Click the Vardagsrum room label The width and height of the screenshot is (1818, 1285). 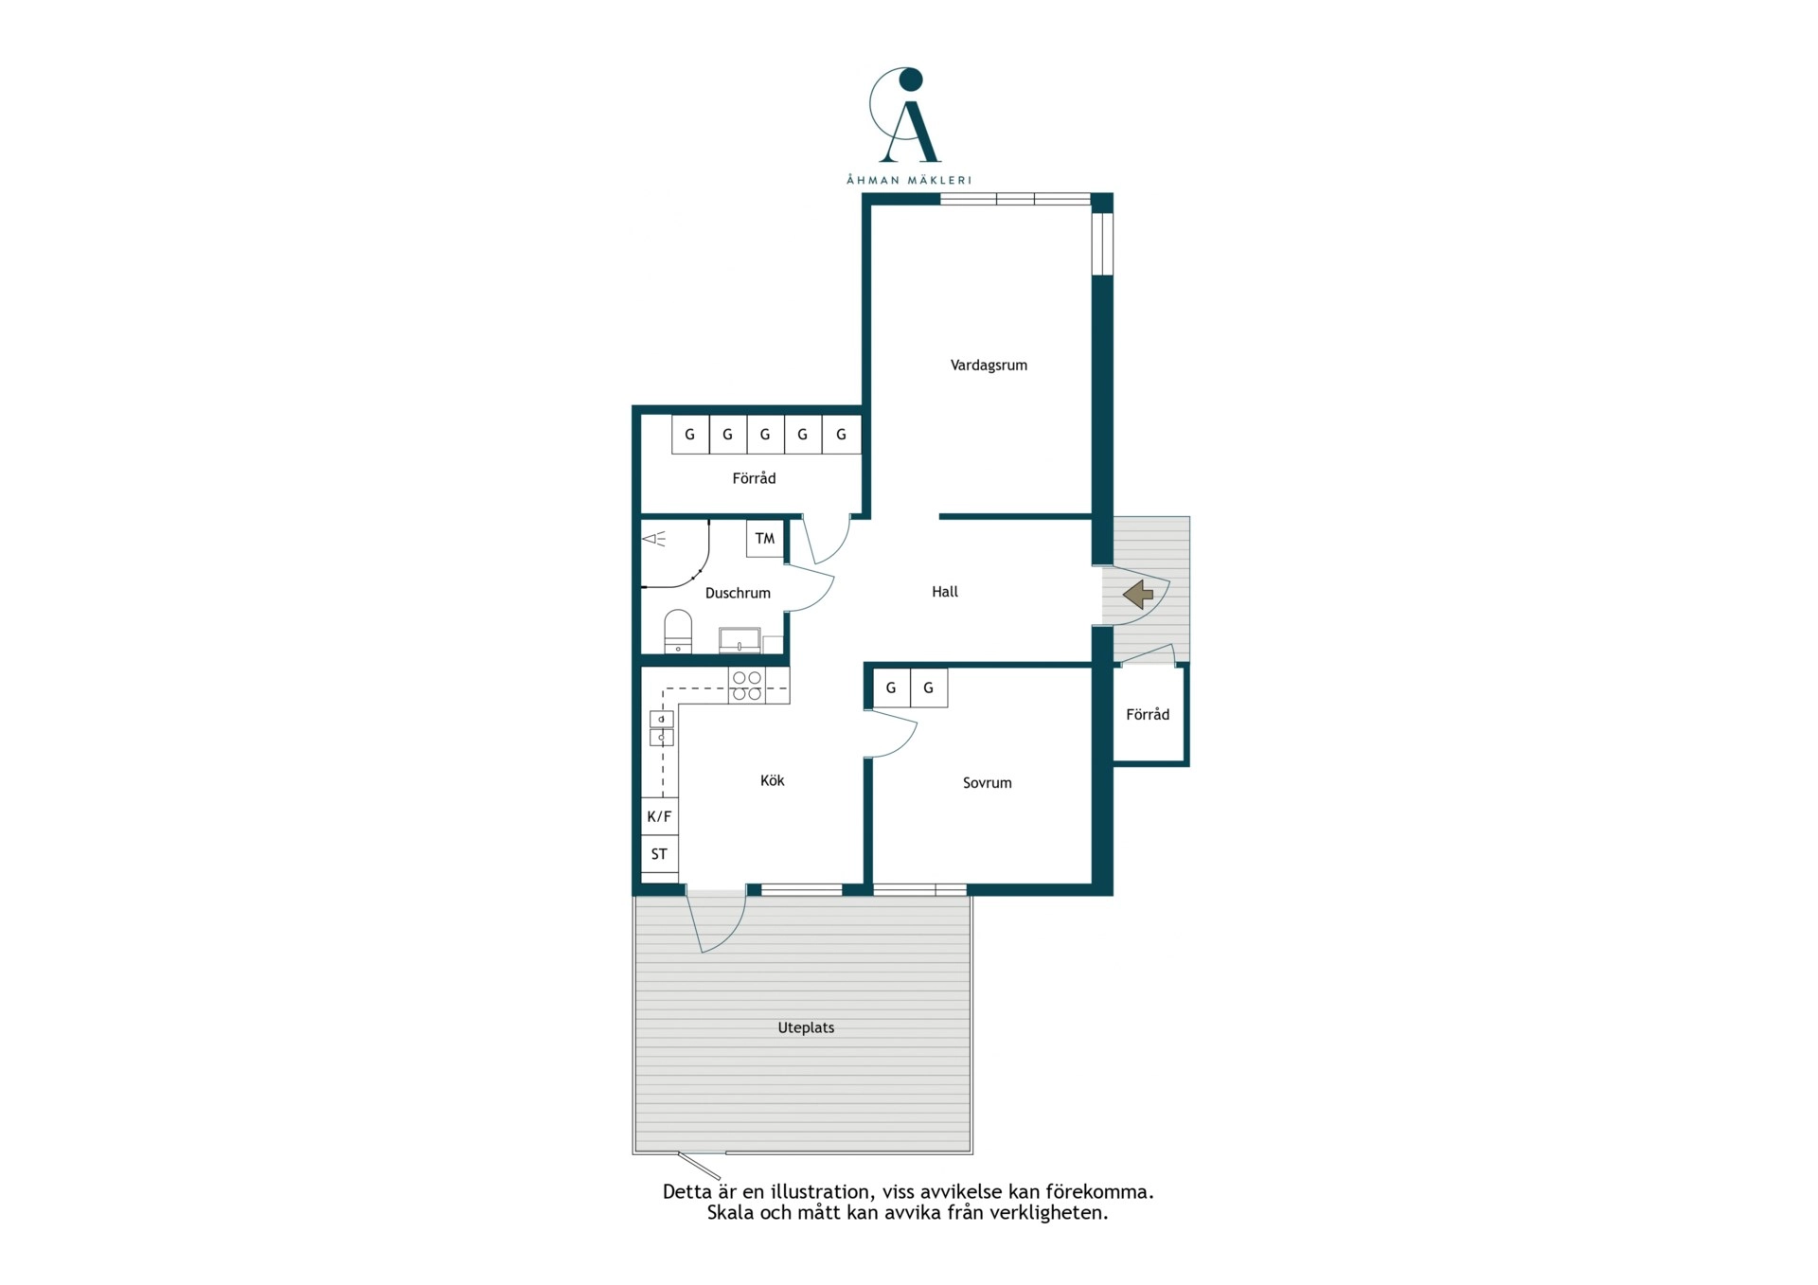pos(989,366)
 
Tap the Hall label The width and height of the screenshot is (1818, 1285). pos(945,592)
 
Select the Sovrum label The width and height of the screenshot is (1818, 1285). pos(987,783)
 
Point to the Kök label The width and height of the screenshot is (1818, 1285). pos(772,780)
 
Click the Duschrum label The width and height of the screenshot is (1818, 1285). pos(738,593)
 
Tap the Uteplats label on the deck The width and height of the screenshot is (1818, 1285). pos(806,1027)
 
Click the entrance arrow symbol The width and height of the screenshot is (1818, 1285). pos(1138,595)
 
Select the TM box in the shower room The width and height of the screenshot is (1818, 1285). pos(765,539)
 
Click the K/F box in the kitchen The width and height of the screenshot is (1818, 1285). pos(659,816)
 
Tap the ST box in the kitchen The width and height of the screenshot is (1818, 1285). pos(659,854)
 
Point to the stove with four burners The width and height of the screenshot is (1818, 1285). pos(746,686)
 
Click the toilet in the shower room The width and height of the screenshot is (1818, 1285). pos(678,632)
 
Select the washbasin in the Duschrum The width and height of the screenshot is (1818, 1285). pos(740,640)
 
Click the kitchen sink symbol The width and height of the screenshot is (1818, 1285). pos(661,728)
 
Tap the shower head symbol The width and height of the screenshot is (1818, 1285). pos(654,540)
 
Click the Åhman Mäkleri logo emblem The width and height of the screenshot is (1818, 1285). pos(907,116)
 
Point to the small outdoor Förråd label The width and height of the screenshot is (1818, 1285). pos(1148,715)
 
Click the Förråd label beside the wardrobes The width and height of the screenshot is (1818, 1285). pos(754,479)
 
